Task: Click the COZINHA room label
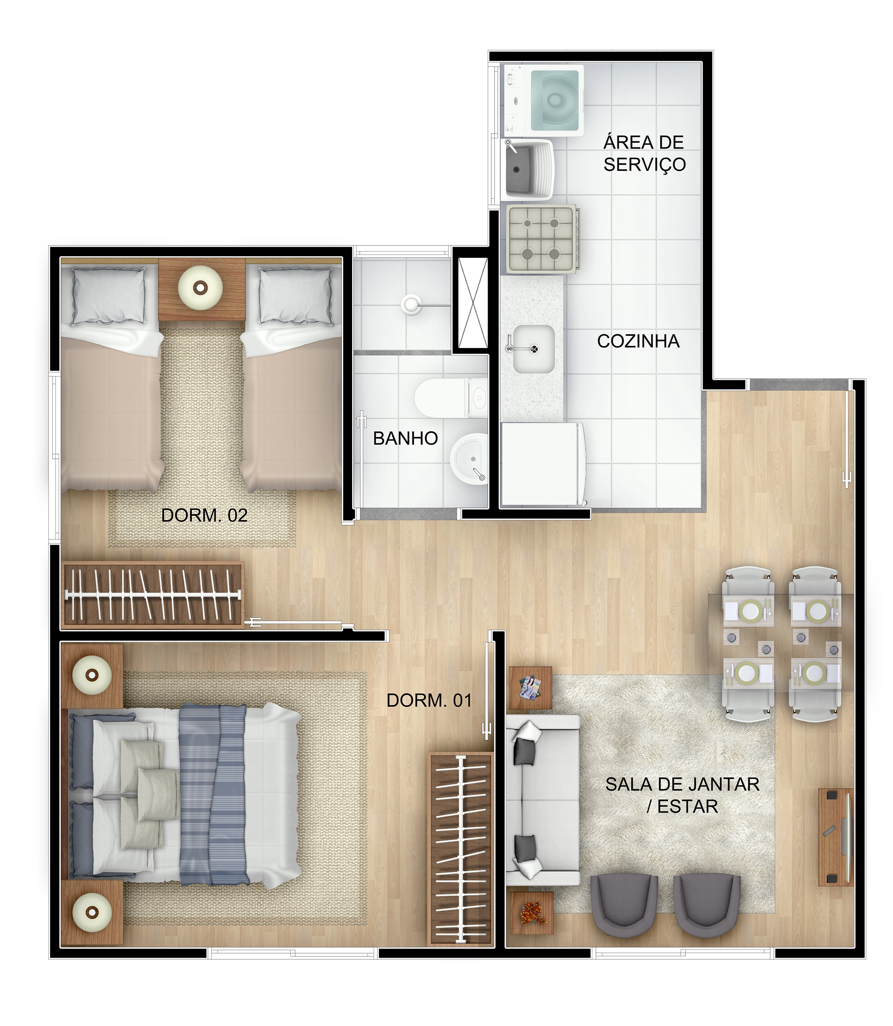coord(638,341)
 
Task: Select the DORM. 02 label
coord(204,515)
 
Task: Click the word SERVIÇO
coord(644,164)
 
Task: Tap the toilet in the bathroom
coord(451,398)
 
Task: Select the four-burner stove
coord(543,239)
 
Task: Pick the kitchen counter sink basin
coord(534,349)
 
